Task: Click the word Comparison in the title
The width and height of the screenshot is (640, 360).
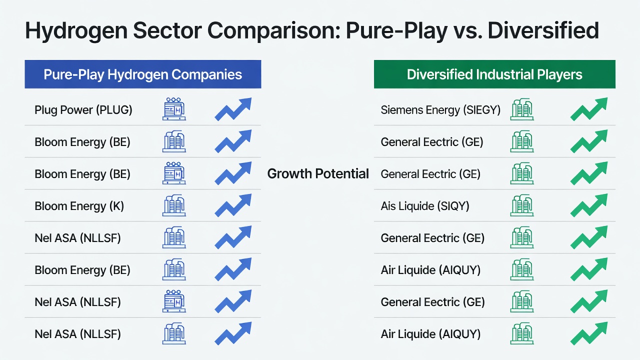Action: coord(273,31)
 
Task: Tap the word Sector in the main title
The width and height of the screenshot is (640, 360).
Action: coord(167,30)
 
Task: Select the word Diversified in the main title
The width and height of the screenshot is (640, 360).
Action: coord(543,30)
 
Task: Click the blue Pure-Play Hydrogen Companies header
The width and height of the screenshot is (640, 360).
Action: coord(143,74)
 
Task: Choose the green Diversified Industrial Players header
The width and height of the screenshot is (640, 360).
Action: coord(494,74)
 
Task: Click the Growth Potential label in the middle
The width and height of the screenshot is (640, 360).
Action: coord(318,173)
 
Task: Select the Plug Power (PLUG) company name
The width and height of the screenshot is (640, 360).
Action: coord(83,110)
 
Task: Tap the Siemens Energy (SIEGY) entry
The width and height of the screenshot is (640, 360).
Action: coord(440,110)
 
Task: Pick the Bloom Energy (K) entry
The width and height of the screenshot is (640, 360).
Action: coord(79,206)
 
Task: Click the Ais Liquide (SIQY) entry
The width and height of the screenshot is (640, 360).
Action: coord(425,206)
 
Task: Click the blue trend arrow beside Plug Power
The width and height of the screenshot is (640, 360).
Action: coord(233,109)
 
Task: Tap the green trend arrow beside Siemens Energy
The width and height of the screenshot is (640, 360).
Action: coord(589,109)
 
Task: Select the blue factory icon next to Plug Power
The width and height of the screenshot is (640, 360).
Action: coord(174,109)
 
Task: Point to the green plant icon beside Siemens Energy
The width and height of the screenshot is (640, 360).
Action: coord(522,109)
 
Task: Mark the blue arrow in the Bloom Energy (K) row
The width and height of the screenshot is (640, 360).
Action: coord(233,205)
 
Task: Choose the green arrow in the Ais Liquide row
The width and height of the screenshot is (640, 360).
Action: coord(589,205)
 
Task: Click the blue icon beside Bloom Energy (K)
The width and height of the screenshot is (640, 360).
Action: coord(174,205)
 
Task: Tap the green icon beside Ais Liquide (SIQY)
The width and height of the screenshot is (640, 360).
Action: coord(522,205)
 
